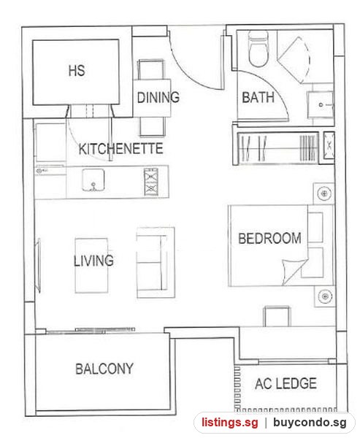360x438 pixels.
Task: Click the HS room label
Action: tap(77, 70)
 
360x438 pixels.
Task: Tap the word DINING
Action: tap(158, 97)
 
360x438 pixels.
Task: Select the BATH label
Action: tap(258, 98)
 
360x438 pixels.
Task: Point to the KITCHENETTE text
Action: tap(120, 148)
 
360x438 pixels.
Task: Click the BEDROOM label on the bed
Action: tap(269, 238)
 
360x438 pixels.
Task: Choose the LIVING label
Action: tap(93, 261)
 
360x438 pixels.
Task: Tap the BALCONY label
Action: tap(104, 369)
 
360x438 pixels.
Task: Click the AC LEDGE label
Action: tap(286, 383)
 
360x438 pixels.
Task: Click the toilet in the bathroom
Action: tap(258, 49)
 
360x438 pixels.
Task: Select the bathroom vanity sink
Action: tap(321, 104)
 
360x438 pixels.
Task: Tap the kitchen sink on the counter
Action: tap(93, 180)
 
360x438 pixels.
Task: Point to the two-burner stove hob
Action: tap(151, 182)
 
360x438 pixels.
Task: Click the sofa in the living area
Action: tap(156, 263)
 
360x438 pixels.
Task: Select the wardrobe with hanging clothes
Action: tap(277, 147)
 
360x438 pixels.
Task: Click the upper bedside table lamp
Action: tap(324, 193)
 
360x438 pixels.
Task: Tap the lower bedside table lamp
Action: tap(324, 296)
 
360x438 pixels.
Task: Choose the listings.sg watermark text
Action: tap(230, 423)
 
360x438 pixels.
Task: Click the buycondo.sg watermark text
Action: tap(310, 423)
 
